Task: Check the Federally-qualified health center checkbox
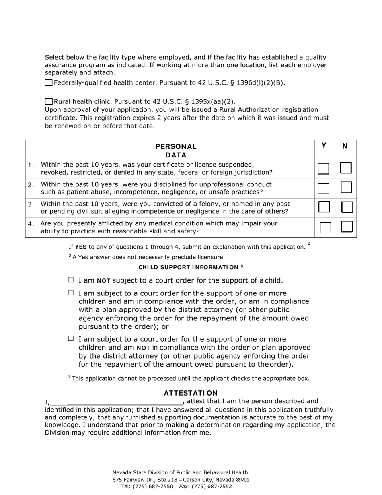coord(49,83)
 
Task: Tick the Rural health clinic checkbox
coord(49,101)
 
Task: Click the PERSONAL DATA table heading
coord(176,151)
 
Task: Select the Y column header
coord(324,146)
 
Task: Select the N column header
coord(345,146)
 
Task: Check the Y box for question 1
coord(323,169)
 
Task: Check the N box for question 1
coord(346,168)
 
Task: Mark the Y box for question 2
coord(324,188)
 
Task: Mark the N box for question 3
coord(347,207)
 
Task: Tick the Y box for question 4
coord(325,227)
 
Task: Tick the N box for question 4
coord(347,227)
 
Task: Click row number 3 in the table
coord(31,204)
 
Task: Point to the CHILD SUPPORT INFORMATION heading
coord(191,267)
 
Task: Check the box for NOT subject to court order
coord(71,280)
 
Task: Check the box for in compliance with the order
coord(71,293)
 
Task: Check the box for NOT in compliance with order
coord(71,338)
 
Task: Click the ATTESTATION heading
coord(191,393)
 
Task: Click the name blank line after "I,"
coord(125,402)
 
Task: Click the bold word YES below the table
coord(81,247)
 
